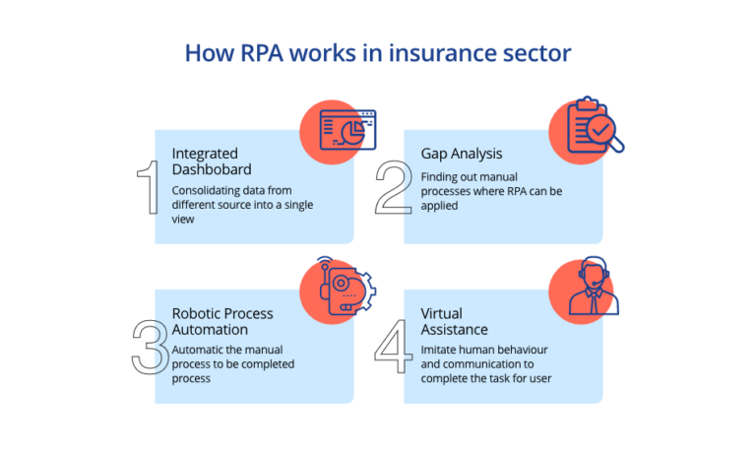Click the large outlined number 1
point(147,187)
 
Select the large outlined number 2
point(394,187)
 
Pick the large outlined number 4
point(395,346)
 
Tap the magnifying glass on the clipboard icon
point(609,142)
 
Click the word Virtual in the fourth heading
point(443,313)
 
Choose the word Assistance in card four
point(454,330)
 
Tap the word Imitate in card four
point(439,351)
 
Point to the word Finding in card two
point(439,176)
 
